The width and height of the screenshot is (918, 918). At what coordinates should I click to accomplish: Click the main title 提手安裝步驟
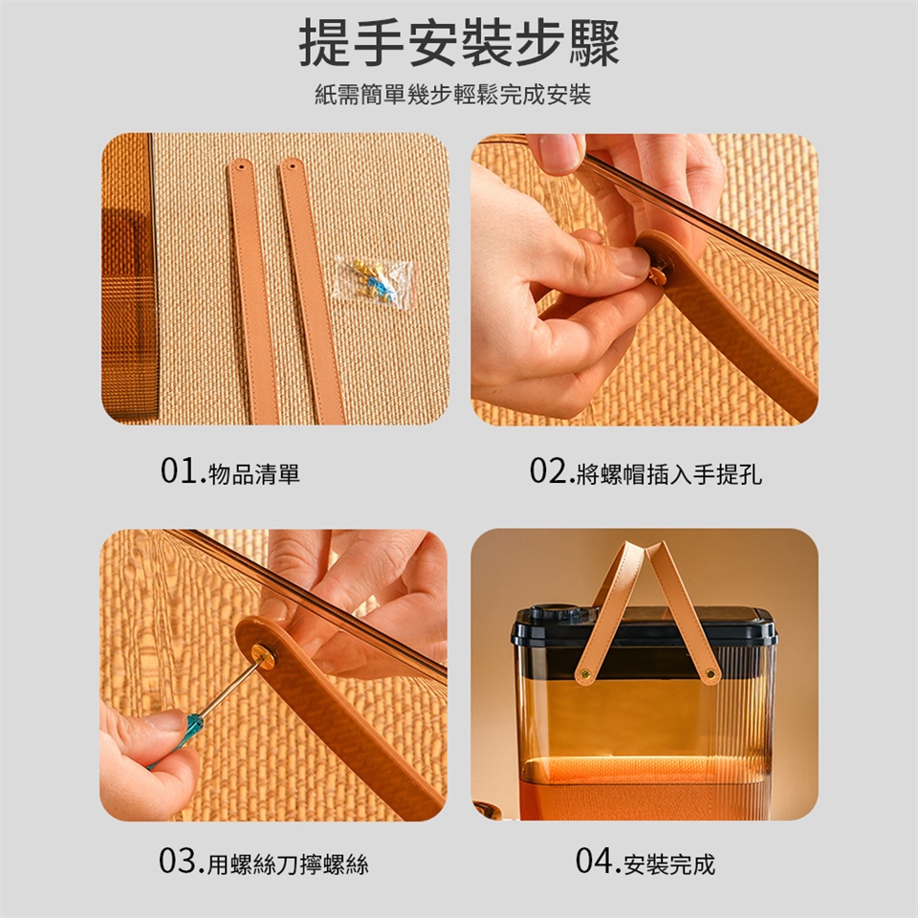coord(459,42)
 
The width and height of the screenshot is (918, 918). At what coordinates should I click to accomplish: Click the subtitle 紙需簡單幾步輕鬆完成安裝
coord(453,95)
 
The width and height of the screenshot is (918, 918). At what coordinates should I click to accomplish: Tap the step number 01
coord(179,470)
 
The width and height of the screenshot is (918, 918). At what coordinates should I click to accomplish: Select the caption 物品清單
coord(254,473)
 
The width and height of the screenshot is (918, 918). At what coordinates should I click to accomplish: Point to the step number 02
coord(548,470)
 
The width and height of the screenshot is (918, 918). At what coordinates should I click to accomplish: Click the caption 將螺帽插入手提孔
coord(669,473)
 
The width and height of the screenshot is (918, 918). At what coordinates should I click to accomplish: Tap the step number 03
coord(178,861)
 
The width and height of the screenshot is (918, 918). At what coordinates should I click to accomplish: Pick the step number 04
coord(594,861)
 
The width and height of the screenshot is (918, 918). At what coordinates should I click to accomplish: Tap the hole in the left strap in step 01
coord(238,166)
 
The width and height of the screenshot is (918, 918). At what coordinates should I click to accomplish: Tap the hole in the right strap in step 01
coord(291,165)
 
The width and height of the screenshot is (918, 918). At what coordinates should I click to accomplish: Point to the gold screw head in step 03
coord(263,657)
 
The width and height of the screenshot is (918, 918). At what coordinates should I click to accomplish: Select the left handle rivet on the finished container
coord(584,676)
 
